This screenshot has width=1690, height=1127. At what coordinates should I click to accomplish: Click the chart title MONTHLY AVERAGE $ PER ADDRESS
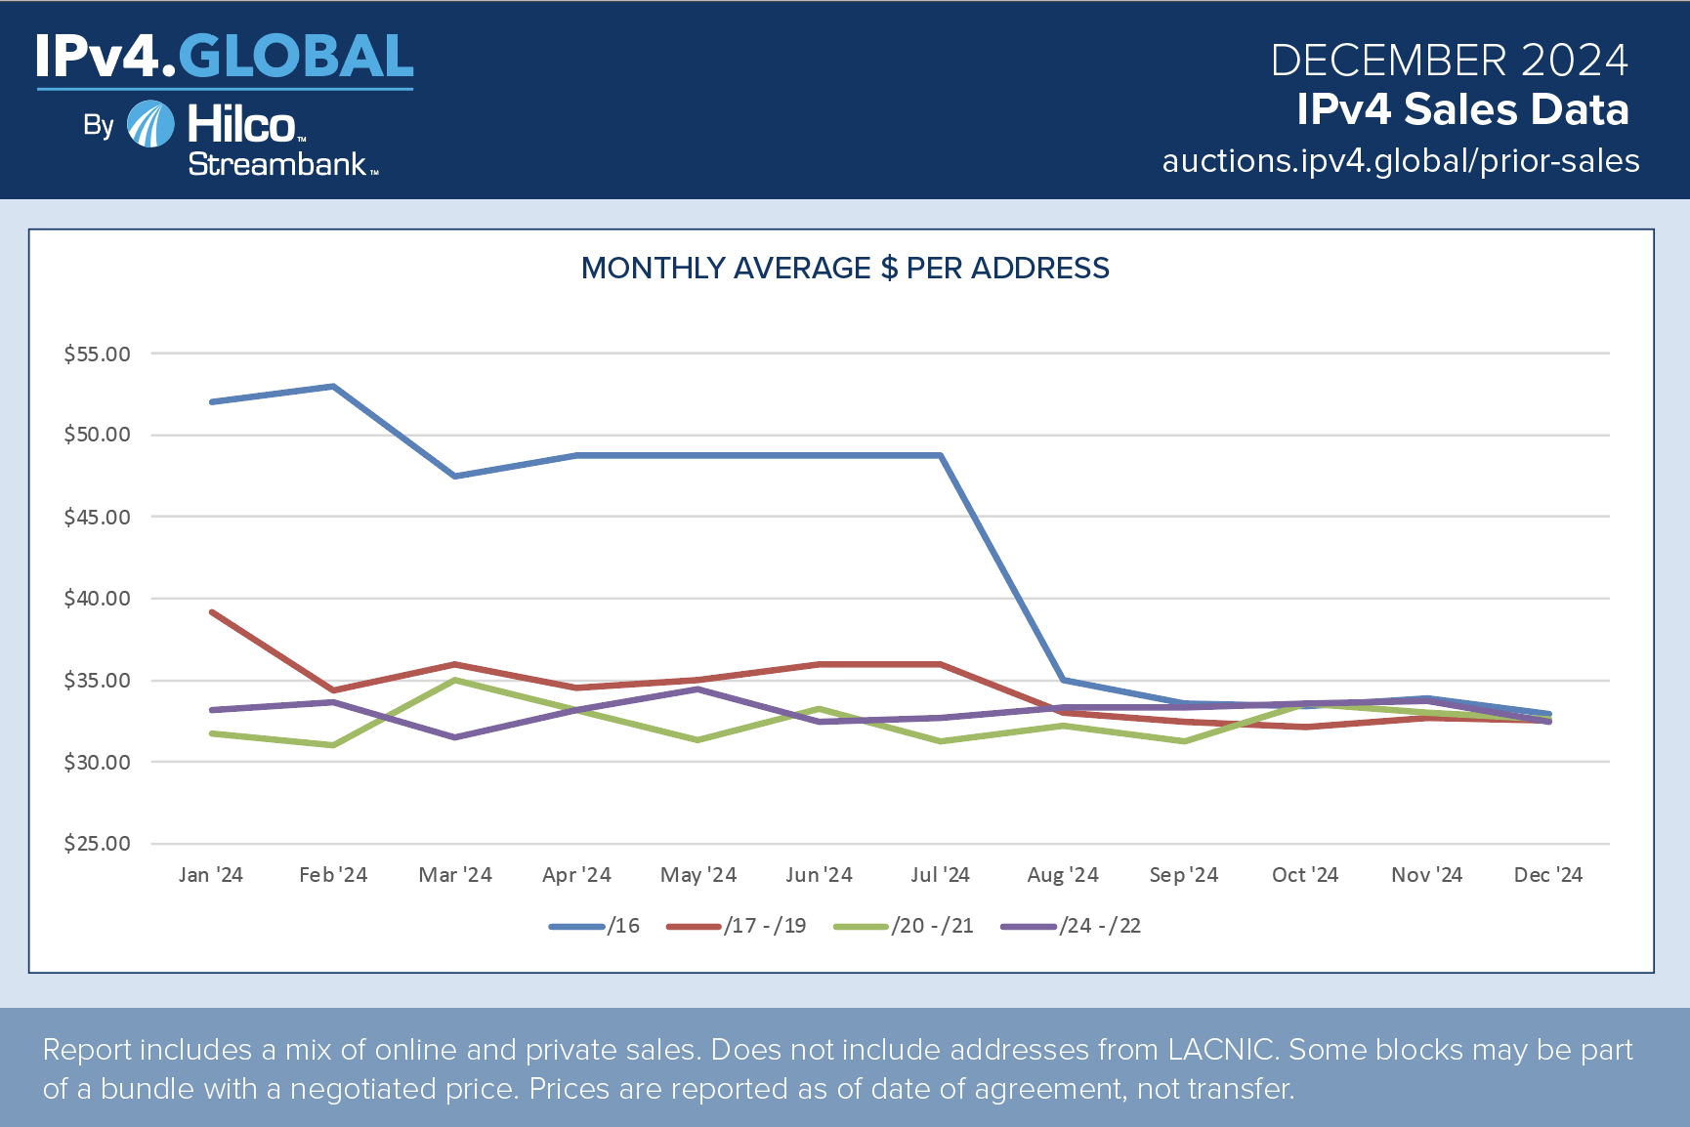845,269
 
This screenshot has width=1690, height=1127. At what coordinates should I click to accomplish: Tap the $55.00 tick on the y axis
97,355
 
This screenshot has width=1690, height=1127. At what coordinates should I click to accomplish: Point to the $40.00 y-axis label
97,599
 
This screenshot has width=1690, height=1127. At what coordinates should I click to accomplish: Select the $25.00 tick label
97,844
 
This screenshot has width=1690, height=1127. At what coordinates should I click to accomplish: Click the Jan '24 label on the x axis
211,875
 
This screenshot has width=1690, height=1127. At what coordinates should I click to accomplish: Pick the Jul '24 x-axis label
940,875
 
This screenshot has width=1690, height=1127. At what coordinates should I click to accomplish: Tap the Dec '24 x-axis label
1547,875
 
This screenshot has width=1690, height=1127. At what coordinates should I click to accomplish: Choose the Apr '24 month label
576,875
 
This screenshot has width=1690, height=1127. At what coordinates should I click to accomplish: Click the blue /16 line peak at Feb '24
333,387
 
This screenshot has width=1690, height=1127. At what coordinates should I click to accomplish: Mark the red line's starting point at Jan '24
212,612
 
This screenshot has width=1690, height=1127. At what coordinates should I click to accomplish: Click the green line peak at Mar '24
455,680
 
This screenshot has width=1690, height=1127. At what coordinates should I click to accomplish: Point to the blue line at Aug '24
1063,680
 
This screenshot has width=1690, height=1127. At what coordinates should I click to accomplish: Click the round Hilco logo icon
151,125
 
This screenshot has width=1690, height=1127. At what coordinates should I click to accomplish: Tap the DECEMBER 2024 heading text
1449,61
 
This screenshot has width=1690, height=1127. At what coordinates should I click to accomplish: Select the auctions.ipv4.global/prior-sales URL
1400,161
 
